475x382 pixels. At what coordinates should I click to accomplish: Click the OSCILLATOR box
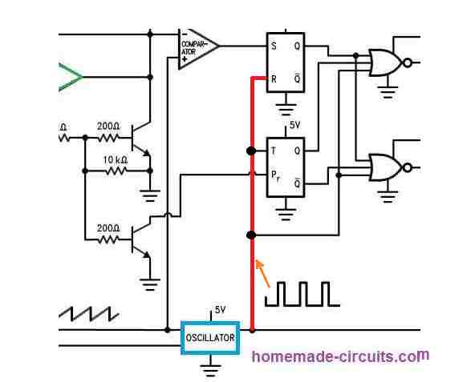coord(210,337)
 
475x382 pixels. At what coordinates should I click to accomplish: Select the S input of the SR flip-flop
coord(274,46)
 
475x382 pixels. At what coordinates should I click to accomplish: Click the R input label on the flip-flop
coord(274,79)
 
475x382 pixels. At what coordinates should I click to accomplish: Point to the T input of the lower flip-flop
coord(274,151)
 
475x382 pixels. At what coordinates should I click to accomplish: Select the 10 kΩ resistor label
coord(116,160)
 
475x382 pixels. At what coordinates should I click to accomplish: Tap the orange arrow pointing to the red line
coord(262,273)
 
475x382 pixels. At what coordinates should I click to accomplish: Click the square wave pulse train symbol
coord(302,294)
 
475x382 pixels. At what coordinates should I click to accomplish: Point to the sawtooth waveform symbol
coord(88,314)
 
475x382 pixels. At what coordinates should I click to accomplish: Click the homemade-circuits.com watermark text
coord(340,356)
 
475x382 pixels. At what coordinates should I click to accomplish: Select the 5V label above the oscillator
coord(220,310)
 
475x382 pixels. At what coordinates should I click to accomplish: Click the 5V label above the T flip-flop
coord(294,125)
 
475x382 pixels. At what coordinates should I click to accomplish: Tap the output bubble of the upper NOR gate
coord(408,63)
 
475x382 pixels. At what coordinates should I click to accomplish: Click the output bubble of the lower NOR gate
coord(408,167)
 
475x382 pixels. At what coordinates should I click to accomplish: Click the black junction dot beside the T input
coord(251,151)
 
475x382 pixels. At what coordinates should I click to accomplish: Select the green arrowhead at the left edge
coord(71,77)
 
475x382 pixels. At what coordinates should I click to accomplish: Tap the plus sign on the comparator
coord(185,59)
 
